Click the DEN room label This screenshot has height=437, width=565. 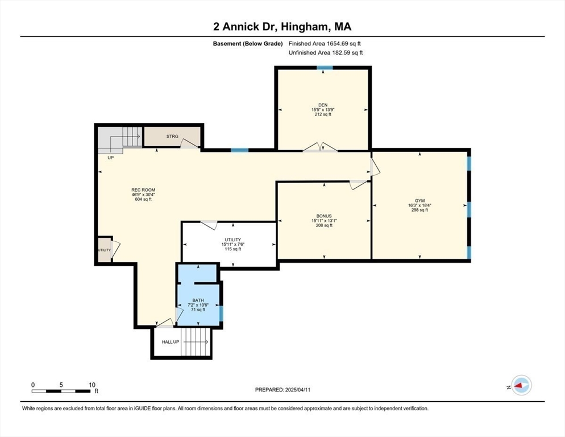click(323, 105)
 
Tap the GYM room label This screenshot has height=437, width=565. click(420, 201)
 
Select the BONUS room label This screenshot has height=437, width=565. click(324, 216)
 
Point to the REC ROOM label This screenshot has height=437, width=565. click(143, 190)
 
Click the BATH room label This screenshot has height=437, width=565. click(198, 300)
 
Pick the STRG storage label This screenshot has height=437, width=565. click(172, 137)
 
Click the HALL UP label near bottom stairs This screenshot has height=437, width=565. click(171, 342)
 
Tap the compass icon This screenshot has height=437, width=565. click(521, 385)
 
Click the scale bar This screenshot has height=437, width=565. click(61, 391)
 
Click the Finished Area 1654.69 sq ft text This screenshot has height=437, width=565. click(325, 44)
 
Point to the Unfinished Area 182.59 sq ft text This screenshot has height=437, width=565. click(326, 53)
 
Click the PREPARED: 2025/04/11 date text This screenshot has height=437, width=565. click(282, 390)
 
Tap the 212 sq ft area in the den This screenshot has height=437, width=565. click(323, 114)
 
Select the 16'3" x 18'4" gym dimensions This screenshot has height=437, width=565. click(420, 205)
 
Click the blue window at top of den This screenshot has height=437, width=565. click(325, 68)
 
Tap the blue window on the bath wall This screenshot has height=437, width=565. click(221, 313)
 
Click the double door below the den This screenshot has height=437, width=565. click(321, 147)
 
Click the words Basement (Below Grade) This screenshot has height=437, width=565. click(248, 44)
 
